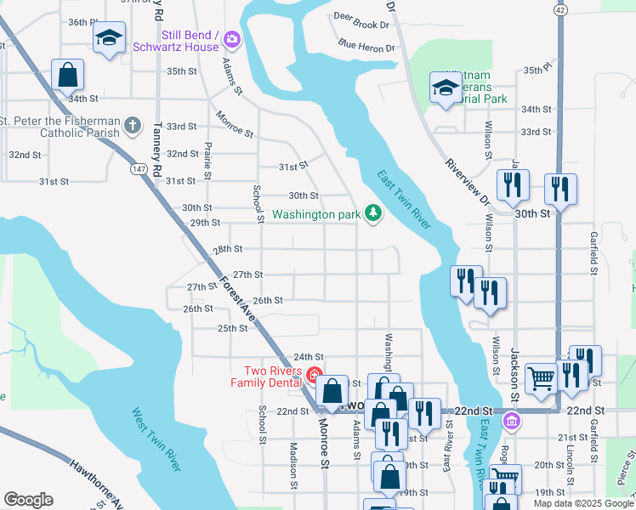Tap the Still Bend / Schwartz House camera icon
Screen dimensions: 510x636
click(232, 39)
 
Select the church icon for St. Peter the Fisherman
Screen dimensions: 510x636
click(132, 127)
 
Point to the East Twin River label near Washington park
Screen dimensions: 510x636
click(404, 199)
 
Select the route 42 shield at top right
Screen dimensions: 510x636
click(559, 8)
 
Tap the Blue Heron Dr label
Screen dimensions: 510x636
click(366, 44)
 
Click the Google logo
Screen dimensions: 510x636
click(28, 500)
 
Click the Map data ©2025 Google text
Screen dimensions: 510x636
click(583, 503)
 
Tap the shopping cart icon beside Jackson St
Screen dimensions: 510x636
click(541, 379)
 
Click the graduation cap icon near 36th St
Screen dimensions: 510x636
click(109, 38)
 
